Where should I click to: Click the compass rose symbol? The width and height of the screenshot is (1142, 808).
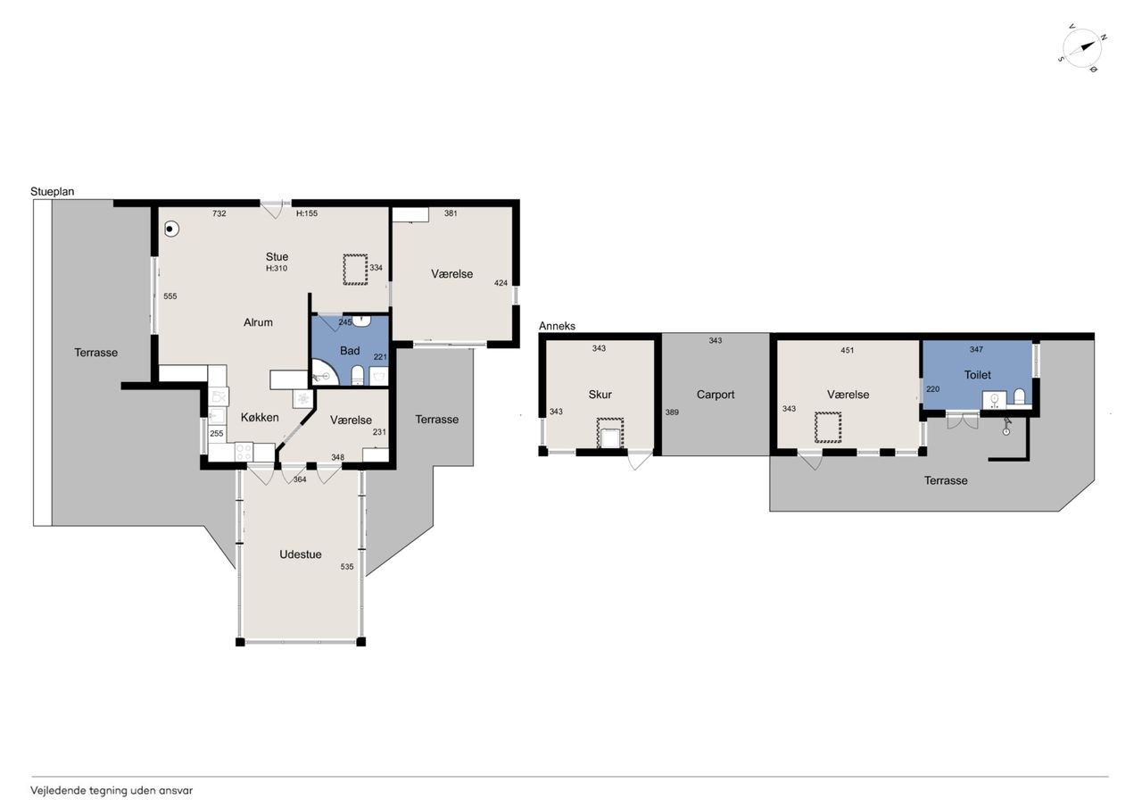pyautogui.click(x=1083, y=48)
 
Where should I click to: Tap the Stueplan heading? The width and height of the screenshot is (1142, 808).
pyautogui.click(x=53, y=191)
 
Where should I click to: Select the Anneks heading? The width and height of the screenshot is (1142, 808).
pyautogui.click(x=557, y=326)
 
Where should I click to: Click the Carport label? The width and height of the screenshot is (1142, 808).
pyautogui.click(x=716, y=395)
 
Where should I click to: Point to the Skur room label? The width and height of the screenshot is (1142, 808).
pyautogui.click(x=600, y=395)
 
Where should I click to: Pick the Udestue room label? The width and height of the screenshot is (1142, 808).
pyautogui.click(x=301, y=554)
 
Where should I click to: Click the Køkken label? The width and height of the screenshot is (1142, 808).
pyautogui.click(x=260, y=417)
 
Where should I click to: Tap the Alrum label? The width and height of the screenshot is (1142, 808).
pyautogui.click(x=258, y=322)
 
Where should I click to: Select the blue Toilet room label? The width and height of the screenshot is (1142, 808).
pyautogui.click(x=977, y=375)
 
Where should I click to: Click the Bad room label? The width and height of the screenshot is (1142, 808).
pyautogui.click(x=350, y=351)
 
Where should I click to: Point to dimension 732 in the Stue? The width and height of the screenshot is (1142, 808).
pyautogui.click(x=219, y=213)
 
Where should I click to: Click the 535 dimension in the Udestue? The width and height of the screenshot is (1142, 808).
pyautogui.click(x=347, y=567)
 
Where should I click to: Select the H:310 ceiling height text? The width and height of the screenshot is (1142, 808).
pyautogui.click(x=277, y=269)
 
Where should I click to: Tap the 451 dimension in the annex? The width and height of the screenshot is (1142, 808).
pyautogui.click(x=847, y=351)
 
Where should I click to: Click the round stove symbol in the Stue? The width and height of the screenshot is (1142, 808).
pyautogui.click(x=172, y=229)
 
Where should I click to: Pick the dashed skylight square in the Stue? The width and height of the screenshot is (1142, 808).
pyautogui.click(x=355, y=270)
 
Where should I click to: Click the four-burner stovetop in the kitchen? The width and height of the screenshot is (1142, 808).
pyautogui.click(x=244, y=453)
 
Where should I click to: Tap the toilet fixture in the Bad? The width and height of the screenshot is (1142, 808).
pyautogui.click(x=358, y=376)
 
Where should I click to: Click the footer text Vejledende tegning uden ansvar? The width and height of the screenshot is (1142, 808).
pyautogui.click(x=112, y=791)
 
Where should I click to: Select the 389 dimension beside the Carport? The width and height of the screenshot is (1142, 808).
pyautogui.click(x=672, y=412)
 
